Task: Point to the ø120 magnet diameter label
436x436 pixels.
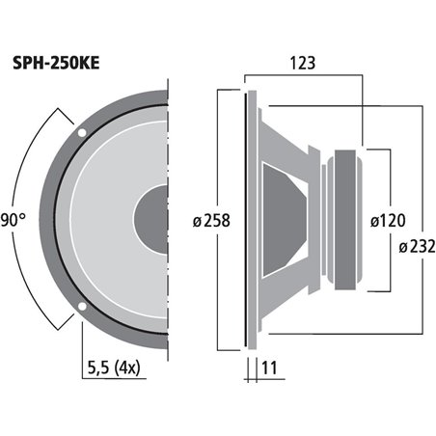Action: (390, 219)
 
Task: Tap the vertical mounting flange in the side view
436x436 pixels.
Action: (250, 219)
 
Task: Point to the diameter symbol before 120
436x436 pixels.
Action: (375, 219)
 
